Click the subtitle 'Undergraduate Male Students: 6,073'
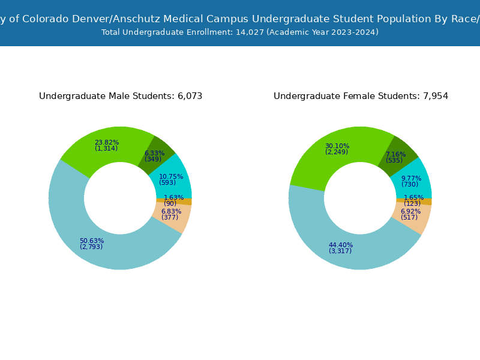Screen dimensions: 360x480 point(121,96)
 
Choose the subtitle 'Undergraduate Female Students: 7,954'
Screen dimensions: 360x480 point(361,96)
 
